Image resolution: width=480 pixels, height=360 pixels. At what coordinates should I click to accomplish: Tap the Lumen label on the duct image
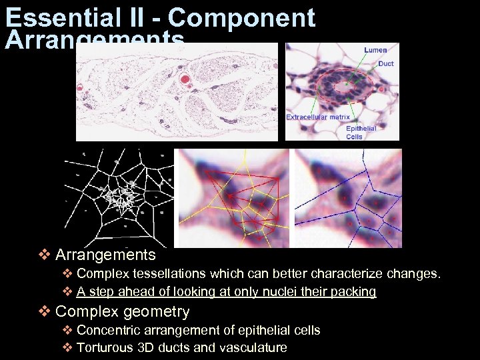[375, 50]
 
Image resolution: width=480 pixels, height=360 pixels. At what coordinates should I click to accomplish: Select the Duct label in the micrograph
[385, 64]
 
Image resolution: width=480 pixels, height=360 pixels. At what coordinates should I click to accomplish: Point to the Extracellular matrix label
[318, 117]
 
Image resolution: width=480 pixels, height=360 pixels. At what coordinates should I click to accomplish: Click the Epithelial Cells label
[361, 132]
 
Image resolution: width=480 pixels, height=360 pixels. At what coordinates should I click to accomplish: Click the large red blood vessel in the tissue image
[185, 81]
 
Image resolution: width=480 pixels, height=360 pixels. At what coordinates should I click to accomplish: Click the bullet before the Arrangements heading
[44, 255]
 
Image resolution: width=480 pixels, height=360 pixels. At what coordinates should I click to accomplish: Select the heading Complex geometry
[123, 311]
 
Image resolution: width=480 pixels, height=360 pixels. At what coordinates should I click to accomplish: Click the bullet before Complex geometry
[44, 311]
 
